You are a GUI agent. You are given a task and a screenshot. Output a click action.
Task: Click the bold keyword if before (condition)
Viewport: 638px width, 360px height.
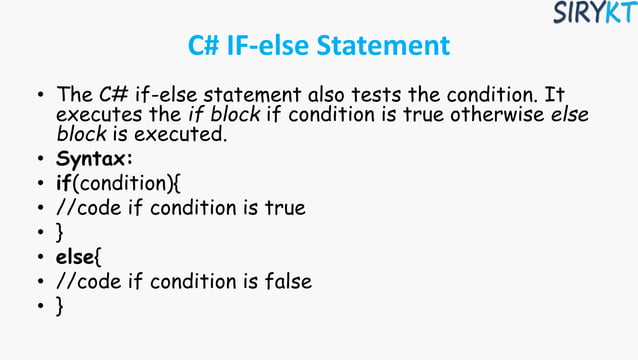coord(65,184)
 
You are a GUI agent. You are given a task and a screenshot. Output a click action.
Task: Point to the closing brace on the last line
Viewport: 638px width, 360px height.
coord(60,308)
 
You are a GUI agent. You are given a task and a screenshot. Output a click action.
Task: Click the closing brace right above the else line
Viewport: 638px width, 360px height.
coord(60,234)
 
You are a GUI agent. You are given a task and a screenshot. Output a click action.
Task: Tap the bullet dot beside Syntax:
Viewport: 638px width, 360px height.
coord(39,161)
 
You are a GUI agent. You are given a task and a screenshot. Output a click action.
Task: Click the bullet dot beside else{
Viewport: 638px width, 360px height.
coord(39,259)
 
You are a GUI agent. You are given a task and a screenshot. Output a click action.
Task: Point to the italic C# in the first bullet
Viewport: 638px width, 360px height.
coord(112,95)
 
